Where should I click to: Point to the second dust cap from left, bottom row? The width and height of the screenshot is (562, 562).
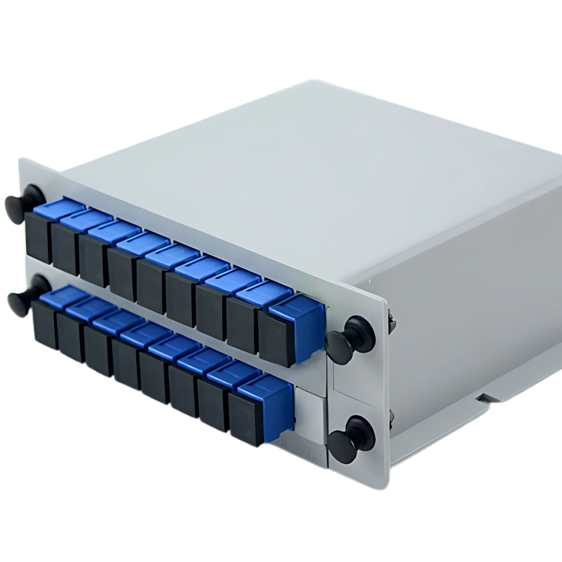click(x=71, y=336)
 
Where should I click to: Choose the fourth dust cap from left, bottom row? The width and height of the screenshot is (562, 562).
click(x=126, y=361)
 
